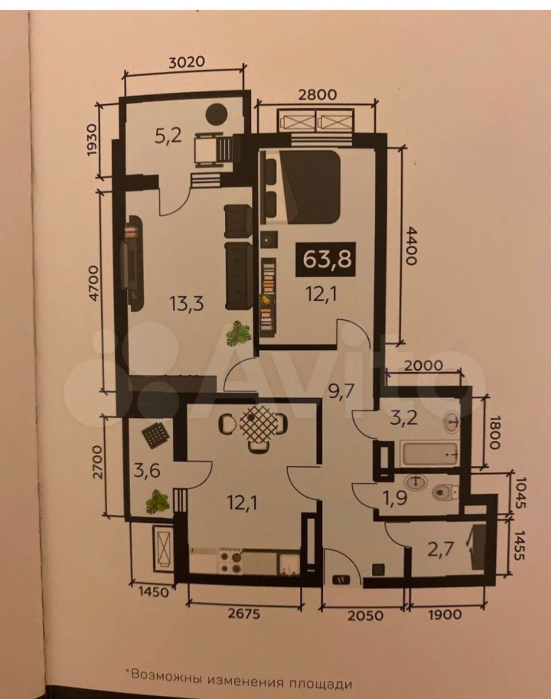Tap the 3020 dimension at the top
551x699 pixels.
[x=185, y=62]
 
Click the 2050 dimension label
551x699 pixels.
[x=366, y=615]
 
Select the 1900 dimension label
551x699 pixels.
[x=445, y=614]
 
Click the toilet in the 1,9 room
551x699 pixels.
[x=444, y=491]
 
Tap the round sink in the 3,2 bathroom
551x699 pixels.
[x=452, y=421]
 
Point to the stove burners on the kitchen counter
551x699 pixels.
[x=231, y=562]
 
